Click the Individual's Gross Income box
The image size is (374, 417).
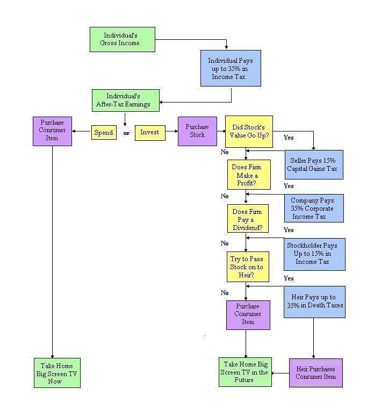coord(123,39)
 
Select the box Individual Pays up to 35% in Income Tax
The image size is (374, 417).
coord(231,68)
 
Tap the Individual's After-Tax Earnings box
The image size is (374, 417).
coord(125,100)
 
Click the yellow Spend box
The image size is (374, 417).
coord(104,133)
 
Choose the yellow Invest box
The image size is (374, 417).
coord(149,132)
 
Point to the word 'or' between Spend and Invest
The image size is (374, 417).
coord(127,133)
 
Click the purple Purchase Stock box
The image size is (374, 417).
coord(197,131)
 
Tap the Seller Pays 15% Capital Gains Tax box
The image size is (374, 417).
coord(314,164)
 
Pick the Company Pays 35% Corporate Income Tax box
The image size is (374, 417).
coord(314,208)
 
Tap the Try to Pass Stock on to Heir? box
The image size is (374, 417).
coord(247,267)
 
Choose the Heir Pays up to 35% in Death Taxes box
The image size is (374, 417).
coord(314,301)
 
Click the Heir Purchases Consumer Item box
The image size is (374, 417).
coord(315,372)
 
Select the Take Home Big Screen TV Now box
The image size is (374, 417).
coord(57,373)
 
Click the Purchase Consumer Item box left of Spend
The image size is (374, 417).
coord(52,131)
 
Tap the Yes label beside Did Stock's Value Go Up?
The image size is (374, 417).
coord(289,138)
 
